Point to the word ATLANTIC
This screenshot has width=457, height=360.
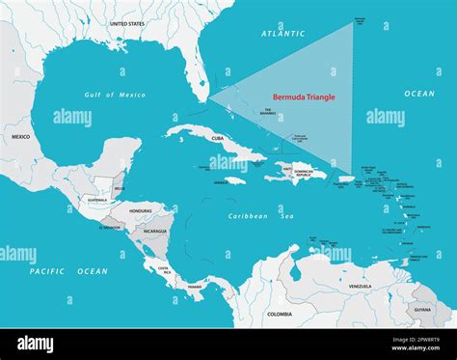[282, 34]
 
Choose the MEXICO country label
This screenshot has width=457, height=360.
[20, 137]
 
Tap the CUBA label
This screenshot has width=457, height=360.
[217, 138]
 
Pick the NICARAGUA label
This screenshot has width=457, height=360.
[155, 232]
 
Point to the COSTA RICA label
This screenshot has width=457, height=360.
[164, 269]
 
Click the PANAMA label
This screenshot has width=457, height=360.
[196, 287]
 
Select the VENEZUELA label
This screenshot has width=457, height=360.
[360, 287]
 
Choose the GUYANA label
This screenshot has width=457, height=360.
[422, 311]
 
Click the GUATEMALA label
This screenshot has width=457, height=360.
[96, 200]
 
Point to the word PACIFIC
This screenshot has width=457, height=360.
[46, 271]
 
